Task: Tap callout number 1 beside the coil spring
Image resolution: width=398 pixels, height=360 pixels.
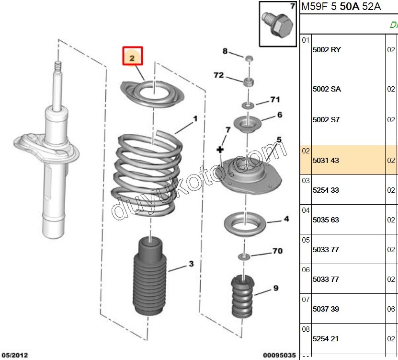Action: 195,118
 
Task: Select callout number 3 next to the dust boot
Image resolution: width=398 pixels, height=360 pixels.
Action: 191,264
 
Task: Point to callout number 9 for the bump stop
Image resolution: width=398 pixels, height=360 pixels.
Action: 275,288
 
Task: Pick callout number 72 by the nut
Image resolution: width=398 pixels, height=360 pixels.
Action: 218,75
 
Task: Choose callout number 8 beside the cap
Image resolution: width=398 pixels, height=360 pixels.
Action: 225,51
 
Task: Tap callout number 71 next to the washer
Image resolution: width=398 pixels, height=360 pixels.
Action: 274,100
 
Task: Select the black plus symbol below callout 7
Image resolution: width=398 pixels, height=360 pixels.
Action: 220,151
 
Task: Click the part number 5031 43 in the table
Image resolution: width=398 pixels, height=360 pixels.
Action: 326,161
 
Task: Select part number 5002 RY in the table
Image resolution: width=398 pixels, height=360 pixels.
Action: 327,50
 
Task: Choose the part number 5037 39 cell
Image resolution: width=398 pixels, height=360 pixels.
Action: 326,309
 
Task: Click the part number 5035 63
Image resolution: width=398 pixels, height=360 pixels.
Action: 326,220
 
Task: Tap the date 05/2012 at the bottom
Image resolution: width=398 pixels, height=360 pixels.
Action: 14,355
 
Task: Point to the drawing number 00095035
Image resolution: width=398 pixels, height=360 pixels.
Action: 280,355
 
